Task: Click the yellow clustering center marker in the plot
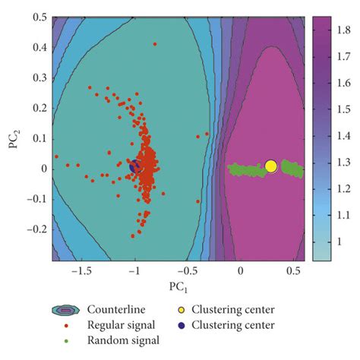[270, 166]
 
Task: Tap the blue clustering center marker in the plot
[134, 166]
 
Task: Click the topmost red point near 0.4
[154, 44]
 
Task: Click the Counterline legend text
[120, 310]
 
